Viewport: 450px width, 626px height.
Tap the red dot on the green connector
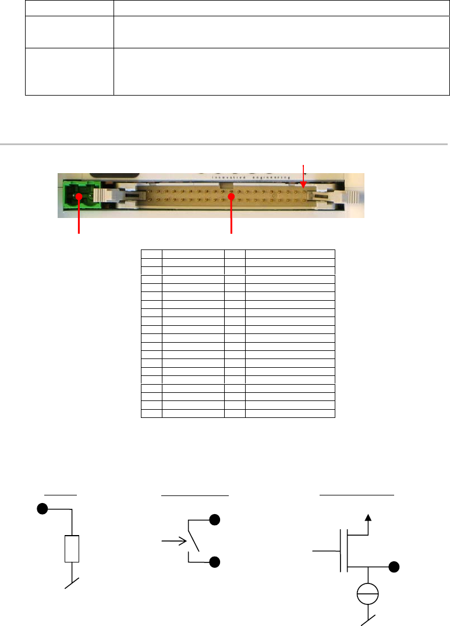(x=79, y=196)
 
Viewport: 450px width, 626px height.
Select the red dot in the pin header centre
(x=231, y=196)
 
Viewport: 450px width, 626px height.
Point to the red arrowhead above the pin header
(x=303, y=184)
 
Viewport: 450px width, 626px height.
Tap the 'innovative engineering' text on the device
(x=251, y=177)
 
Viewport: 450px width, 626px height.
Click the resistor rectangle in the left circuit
(x=72, y=548)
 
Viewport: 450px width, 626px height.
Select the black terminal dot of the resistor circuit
(x=42, y=509)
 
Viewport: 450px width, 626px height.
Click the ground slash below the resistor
(x=72, y=583)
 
